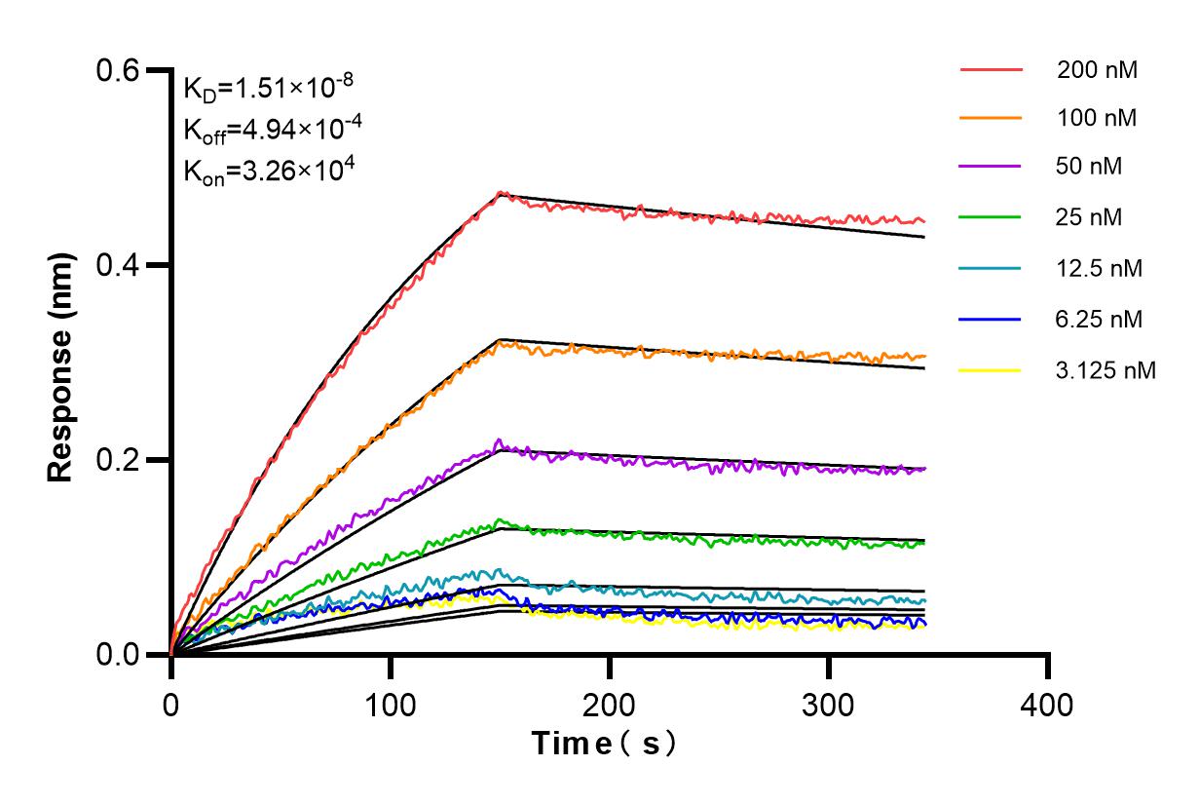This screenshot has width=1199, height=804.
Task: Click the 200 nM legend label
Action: point(1097,70)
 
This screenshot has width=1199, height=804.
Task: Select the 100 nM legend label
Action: point(1097,118)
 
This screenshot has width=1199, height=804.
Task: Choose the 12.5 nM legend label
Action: point(1100,268)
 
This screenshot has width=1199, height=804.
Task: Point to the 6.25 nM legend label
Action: point(1100,319)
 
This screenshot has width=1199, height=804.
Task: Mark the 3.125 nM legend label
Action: point(1106,370)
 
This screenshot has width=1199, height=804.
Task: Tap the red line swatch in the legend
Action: point(991,70)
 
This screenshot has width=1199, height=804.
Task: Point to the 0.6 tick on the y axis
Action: point(119,70)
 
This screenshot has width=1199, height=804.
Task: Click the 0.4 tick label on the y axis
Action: point(119,265)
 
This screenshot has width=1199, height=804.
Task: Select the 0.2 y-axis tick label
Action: point(119,460)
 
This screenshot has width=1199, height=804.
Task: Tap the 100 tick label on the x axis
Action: point(391,703)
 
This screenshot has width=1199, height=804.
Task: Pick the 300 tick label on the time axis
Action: point(829,703)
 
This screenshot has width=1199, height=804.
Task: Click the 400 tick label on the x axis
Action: point(1048,703)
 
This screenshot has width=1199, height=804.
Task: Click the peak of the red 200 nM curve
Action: point(501,193)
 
